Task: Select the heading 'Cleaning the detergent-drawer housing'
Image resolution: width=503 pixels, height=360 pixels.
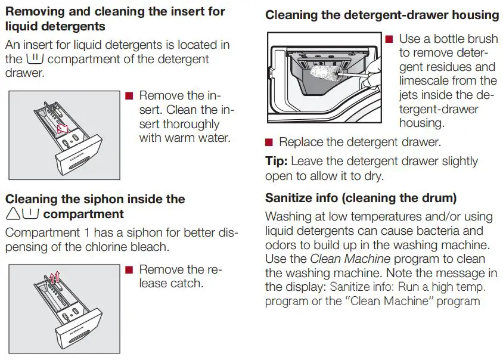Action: point(382,15)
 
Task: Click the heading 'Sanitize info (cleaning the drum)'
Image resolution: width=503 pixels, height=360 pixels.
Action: point(361,198)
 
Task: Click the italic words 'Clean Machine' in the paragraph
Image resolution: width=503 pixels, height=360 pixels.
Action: point(350,259)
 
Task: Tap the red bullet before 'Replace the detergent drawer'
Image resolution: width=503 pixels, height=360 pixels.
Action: point(269,142)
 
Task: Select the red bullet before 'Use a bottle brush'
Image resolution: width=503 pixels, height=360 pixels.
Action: point(389,39)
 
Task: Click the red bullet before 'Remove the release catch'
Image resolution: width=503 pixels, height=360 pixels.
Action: point(129,270)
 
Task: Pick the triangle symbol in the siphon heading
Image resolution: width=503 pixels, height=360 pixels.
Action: point(13,214)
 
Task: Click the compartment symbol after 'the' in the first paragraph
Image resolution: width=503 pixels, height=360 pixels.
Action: point(36,60)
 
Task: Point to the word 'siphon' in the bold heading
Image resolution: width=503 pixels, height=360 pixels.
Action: point(117,199)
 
